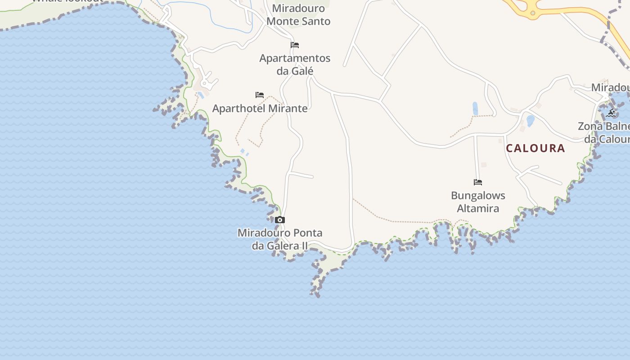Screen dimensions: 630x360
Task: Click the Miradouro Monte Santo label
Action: [298, 15]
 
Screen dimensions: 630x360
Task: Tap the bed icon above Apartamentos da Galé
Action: [295, 45]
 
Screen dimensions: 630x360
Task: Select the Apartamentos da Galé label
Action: [295, 64]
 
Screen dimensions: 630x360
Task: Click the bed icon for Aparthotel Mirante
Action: [260, 95]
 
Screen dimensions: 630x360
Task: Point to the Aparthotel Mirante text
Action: [260, 108]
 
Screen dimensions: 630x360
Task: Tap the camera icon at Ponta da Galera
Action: [280, 220]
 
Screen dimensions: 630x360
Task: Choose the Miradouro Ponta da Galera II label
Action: [280, 239]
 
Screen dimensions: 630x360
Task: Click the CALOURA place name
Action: [535, 148]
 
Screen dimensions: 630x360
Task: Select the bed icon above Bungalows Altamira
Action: [478, 182]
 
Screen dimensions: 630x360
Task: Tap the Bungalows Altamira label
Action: [478, 202]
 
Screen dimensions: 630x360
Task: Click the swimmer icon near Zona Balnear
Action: [611, 112]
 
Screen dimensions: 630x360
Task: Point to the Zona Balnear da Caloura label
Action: [605, 133]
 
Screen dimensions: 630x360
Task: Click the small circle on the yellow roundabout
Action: [533, 13]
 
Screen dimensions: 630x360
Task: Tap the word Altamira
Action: [478, 208]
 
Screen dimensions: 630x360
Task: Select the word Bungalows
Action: [478, 196]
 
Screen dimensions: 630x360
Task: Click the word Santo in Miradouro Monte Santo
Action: [316, 21]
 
